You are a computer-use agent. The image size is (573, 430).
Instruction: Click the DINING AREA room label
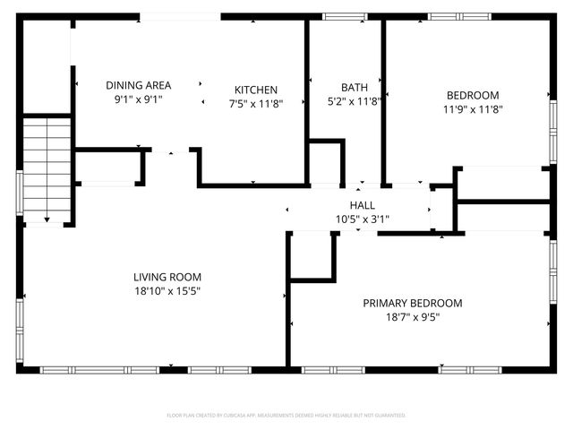click(138, 85)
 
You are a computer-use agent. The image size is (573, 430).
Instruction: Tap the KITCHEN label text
click(256, 90)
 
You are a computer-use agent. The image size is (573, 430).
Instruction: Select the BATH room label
click(354, 87)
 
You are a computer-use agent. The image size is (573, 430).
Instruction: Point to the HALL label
click(362, 205)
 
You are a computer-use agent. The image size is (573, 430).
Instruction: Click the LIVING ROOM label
click(167, 277)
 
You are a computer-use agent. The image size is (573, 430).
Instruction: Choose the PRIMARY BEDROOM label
click(412, 303)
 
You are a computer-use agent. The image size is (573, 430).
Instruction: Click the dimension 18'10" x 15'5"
click(167, 290)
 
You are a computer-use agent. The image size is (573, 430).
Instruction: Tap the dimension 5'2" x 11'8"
click(354, 101)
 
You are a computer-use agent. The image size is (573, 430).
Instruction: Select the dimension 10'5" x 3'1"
click(362, 219)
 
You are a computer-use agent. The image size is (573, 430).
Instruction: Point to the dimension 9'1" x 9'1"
click(138, 99)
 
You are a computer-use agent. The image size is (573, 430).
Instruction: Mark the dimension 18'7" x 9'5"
click(412, 316)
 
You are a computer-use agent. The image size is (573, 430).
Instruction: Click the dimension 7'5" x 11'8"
click(256, 104)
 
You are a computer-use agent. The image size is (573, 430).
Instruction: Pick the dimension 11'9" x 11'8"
click(473, 109)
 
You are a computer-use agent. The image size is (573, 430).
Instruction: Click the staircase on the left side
click(47, 168)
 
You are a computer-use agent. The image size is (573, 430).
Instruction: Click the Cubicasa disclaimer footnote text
click(286, 416)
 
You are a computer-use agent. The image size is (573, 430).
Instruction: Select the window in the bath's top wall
click(345, 16)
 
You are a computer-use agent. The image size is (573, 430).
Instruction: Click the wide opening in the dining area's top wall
click(180, 16)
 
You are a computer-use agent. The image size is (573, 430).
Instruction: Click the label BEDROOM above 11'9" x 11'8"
click(473, 95)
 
